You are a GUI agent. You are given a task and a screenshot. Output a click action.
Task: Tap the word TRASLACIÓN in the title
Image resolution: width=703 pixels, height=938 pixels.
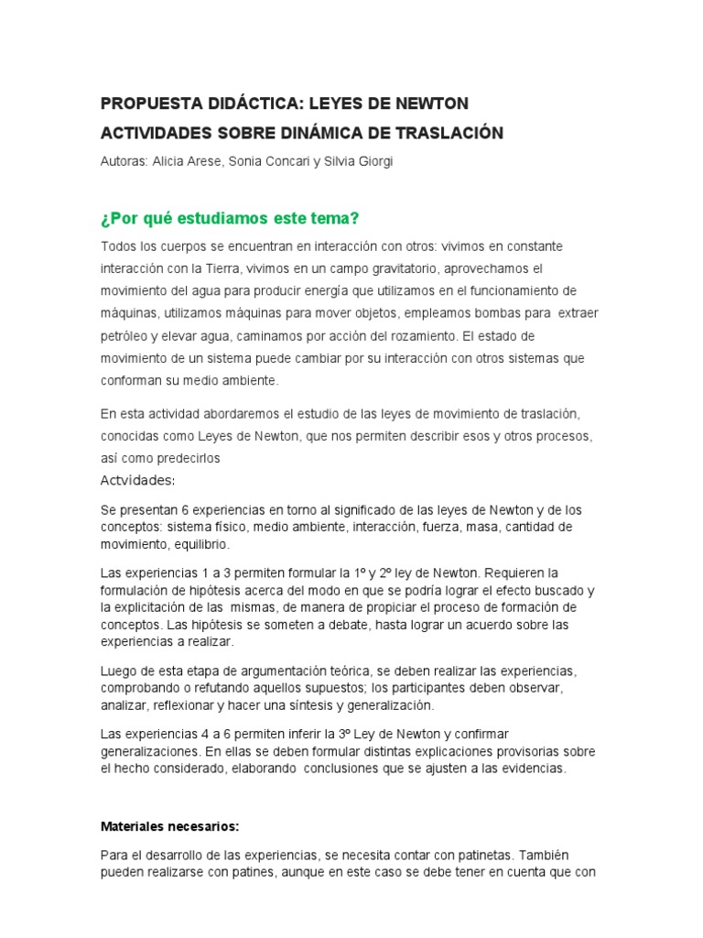tap(450, 133)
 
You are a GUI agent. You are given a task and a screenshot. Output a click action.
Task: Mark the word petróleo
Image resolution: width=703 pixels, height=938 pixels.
tap(126, 335)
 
